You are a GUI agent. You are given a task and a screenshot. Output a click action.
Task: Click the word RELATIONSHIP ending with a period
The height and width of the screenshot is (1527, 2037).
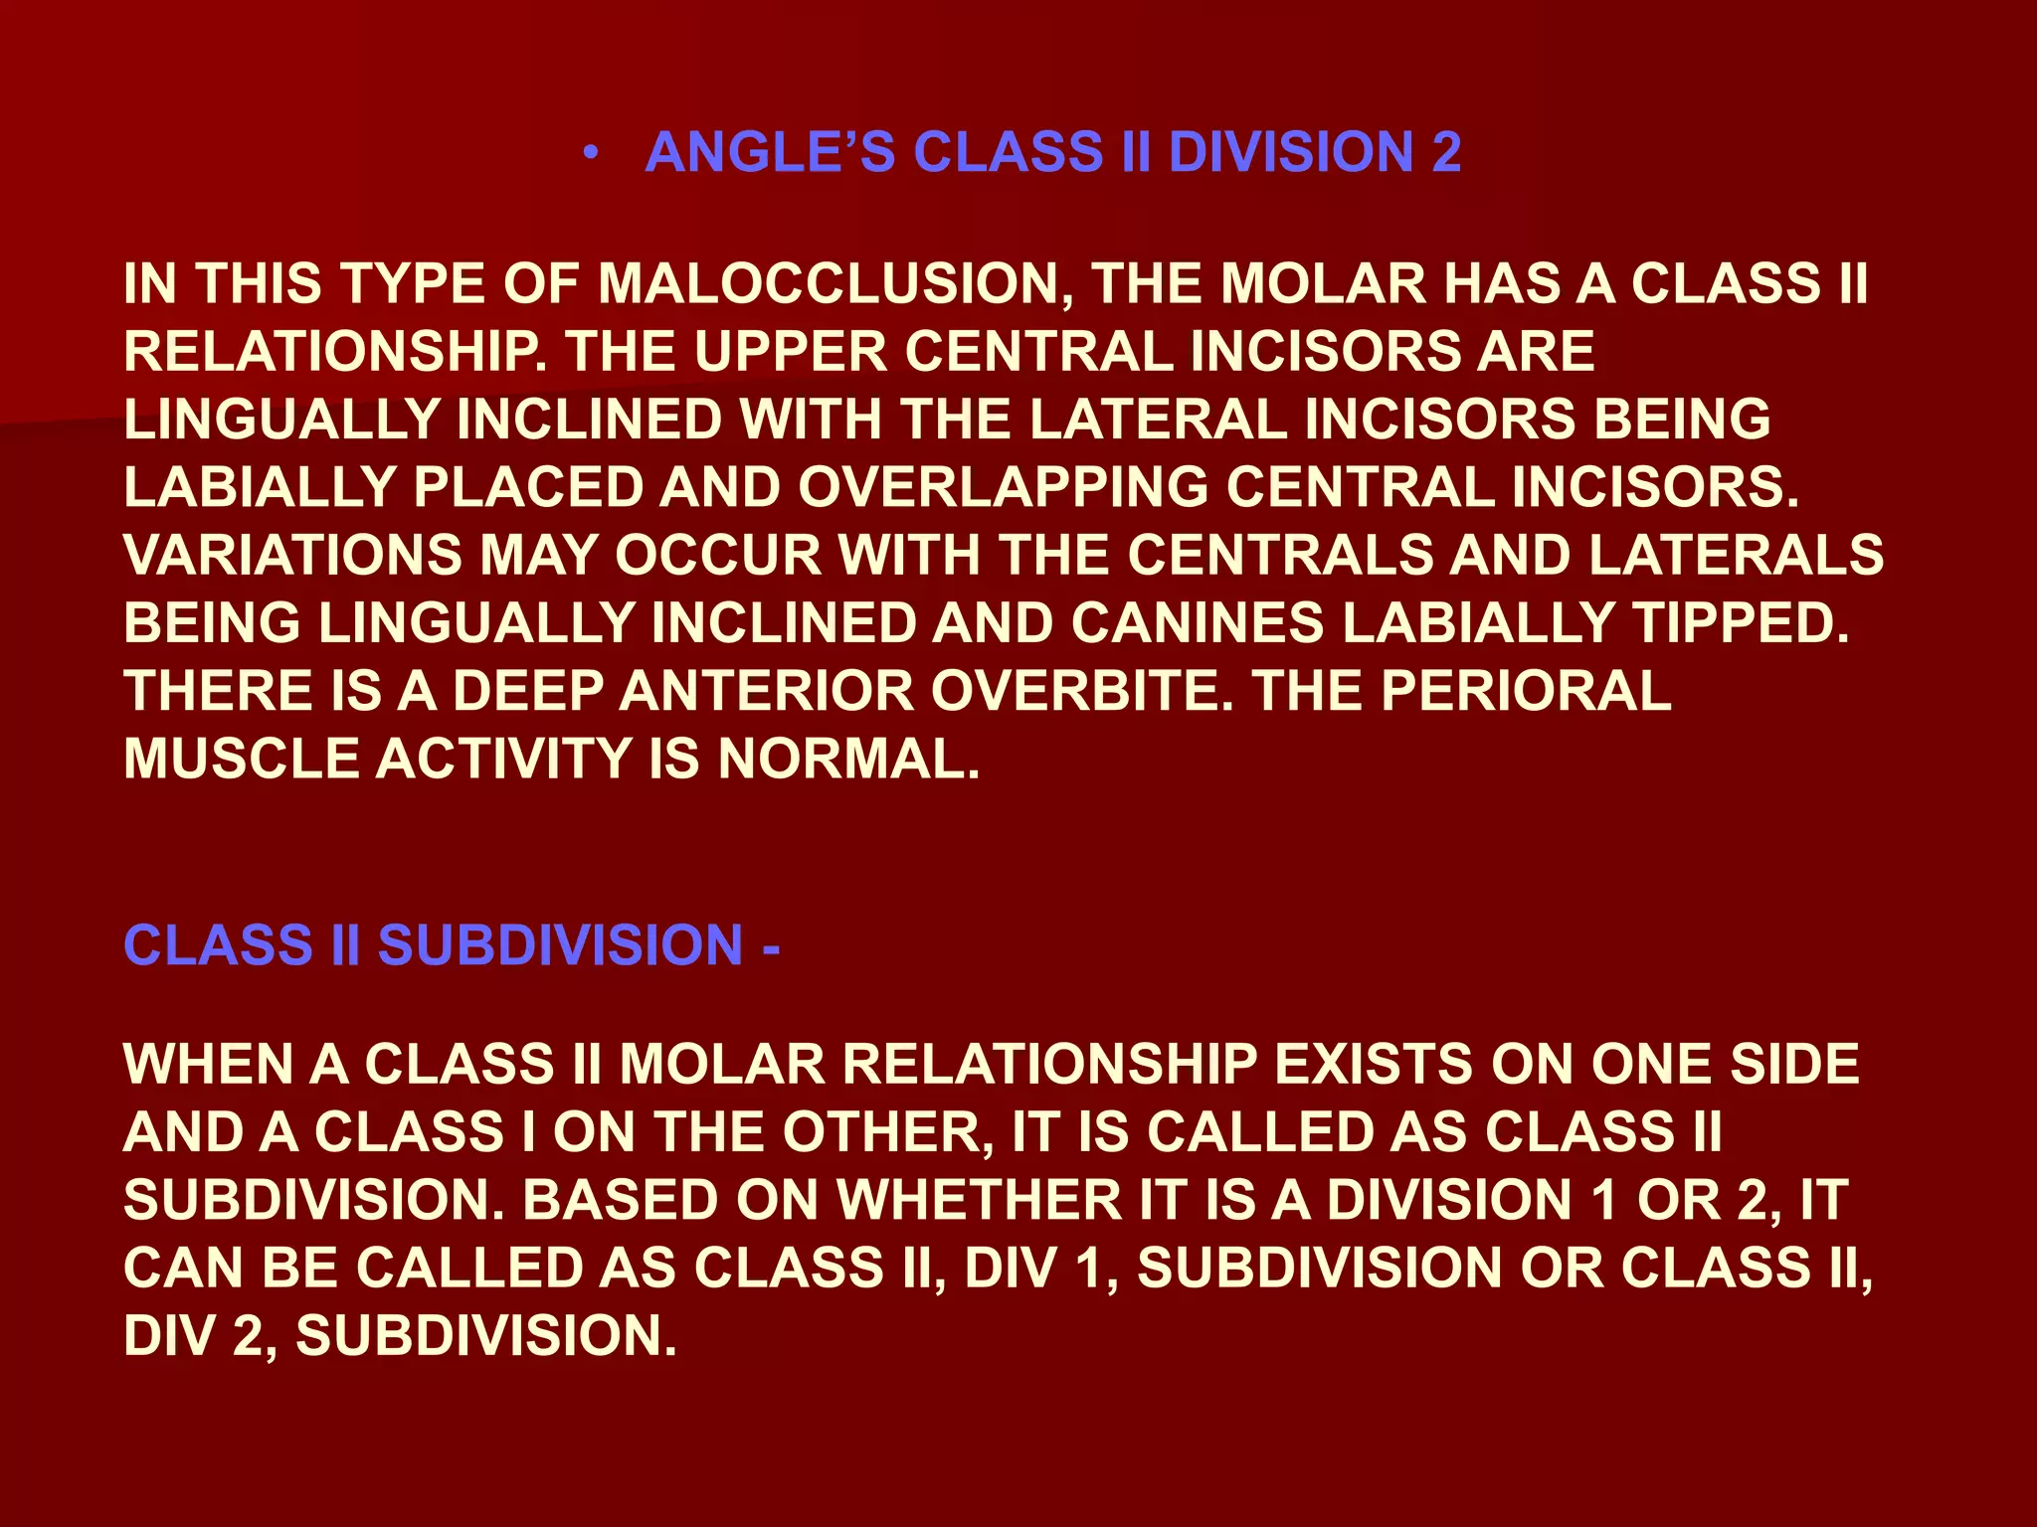(336, 352)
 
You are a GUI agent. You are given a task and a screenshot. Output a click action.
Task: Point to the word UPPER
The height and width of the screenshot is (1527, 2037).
(790, 352)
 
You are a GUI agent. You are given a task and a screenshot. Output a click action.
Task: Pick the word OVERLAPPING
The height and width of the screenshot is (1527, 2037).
(1003, 488)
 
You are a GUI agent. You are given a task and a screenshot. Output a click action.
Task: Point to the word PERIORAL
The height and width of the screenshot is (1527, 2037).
(1526, 692)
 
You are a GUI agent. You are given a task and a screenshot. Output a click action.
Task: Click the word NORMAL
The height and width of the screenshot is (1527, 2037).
(848, 760)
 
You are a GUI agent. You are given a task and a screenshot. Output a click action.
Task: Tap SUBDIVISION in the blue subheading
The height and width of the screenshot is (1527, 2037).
(561, 945)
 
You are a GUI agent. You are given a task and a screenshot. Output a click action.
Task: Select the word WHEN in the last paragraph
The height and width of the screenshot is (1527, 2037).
(208, 1065)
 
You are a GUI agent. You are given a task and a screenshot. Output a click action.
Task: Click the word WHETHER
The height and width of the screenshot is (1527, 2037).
(979, 1201)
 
